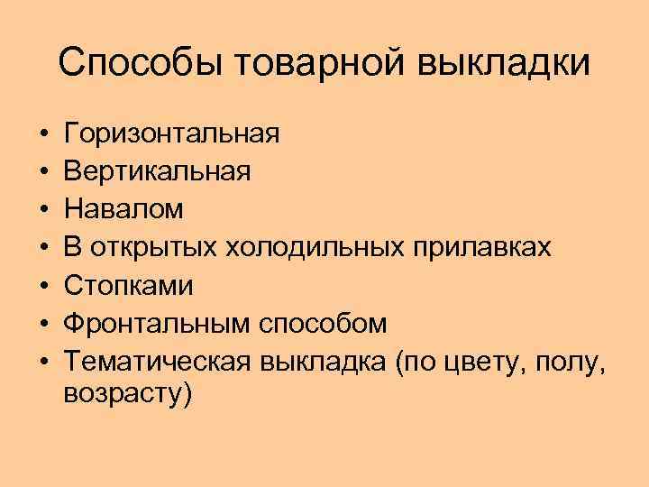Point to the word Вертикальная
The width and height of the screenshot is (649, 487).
(x=159, y=171)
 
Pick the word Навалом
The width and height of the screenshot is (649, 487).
(x=124, y=209)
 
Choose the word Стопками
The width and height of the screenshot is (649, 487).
(x=129, y=285)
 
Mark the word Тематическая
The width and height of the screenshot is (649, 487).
(x=157, y=361)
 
